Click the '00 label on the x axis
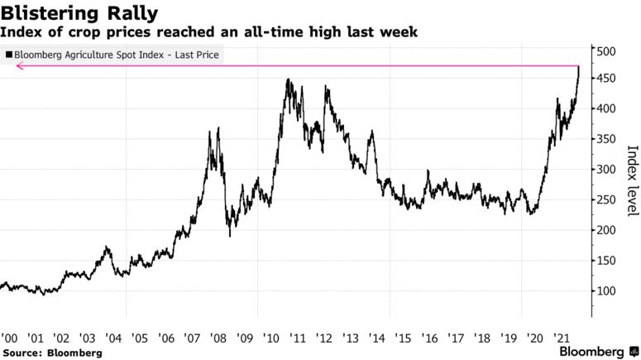click(10, 338)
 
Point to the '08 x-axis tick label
click(218, 338)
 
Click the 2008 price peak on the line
click(218, 128)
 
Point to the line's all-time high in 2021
click(578, 66)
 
